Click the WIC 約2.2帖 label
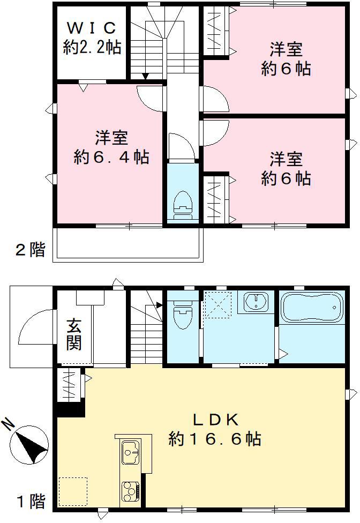point(92,38)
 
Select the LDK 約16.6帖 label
point(215,430)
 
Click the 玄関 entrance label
point(74,334)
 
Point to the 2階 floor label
point(30,250)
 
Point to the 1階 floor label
point(30,502)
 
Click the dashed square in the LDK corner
point(72,491)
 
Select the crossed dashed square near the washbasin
point(219,304)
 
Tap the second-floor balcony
point(129,244)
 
